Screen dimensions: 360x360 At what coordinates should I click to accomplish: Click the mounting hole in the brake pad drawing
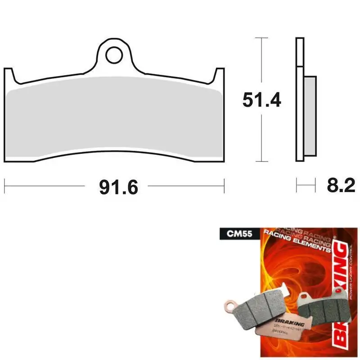tap(114, 55)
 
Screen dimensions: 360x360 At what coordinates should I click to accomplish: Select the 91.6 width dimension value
tap(116, 186)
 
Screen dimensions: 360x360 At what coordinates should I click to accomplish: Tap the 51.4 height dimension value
tap(261, 99)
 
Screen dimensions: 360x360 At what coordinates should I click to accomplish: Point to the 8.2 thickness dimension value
tap(338, 185)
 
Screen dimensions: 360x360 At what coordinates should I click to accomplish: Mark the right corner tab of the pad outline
tap(220, 74)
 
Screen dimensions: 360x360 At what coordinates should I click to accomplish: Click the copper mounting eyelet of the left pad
tap(230, 306)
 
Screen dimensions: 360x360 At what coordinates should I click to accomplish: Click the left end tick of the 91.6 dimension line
tap(4, 185)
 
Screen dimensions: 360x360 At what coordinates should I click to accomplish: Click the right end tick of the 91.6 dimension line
tap(224, 185)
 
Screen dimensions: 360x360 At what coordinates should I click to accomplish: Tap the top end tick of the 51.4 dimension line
tap(258, 38)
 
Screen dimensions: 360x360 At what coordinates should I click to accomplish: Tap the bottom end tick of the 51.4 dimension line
tap(258, 161)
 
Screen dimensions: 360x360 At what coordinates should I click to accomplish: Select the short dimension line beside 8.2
tap(305, 185)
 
